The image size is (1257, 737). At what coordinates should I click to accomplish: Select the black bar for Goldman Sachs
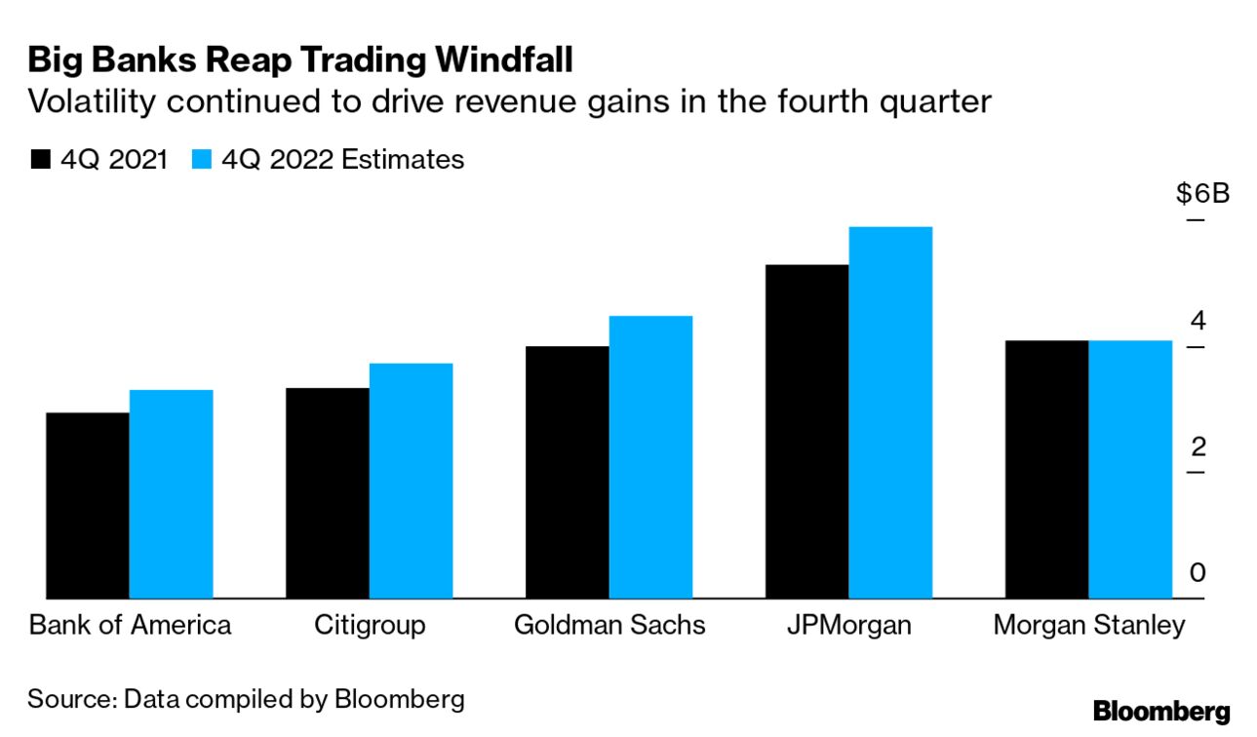pyautogui.click(x=567, y=472)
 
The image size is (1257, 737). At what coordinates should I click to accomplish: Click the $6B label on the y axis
pyautogui.click(x=1202, y=193)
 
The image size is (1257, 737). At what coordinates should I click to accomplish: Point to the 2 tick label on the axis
pyautogui.click(x=1198, y=447)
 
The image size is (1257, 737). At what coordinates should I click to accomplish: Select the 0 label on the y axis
pyautogui.click(x=1198, y=573)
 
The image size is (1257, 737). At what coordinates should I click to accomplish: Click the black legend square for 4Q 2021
pyautogui.click(x=40, y=160)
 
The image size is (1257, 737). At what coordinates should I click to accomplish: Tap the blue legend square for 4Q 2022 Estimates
pyautogui.click(x=203, y=160)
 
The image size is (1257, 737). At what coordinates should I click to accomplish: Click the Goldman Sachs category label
pyautogui.click(x=609, y=625)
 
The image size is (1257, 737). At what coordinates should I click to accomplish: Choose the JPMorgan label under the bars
pyautogui.click(x=848, y=625)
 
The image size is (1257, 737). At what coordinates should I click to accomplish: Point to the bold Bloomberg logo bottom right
pyautogui.click(x=1161, y=711)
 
